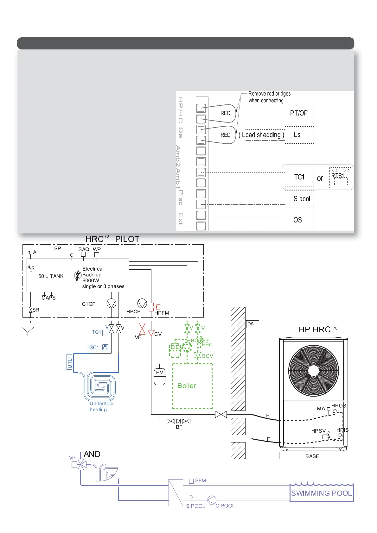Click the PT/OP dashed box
(299, 113)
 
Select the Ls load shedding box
(299, 135)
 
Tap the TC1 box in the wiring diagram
(299, 177)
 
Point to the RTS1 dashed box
(340, 178)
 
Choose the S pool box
(299, 199)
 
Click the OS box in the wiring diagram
(299, 220)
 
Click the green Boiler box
(192, 386)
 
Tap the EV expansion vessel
(159, 377)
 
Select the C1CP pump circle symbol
(112, 304)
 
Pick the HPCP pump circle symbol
(142, 304)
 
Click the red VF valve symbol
(142, 329)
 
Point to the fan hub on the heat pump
(313, 371)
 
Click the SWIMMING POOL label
(321, 493)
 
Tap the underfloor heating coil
(100, 386)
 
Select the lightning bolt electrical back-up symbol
(77, 276)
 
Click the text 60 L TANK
(51, 276)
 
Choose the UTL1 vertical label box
(70, 362)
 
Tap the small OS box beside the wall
(252, 324)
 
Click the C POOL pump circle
(212, 500)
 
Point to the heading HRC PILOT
(112, 239)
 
